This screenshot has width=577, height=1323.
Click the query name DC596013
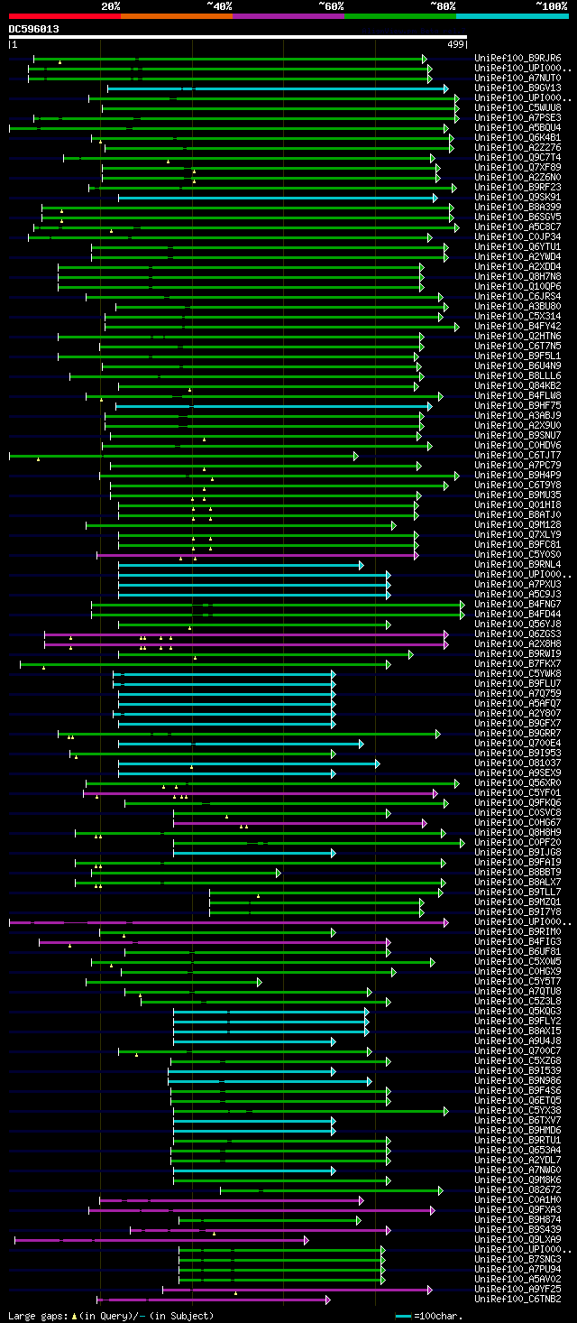click(x=34, y=29)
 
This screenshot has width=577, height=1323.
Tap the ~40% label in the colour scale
click(x=219, y=6)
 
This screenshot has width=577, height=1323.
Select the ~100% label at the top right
click(x=551, y=6)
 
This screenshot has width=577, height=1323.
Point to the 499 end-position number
click(x=455, y=44)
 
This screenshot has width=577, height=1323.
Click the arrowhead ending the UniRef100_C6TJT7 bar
click(x=356, y=456)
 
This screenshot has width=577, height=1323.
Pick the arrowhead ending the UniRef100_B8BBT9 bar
click(x=279, y=873)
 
